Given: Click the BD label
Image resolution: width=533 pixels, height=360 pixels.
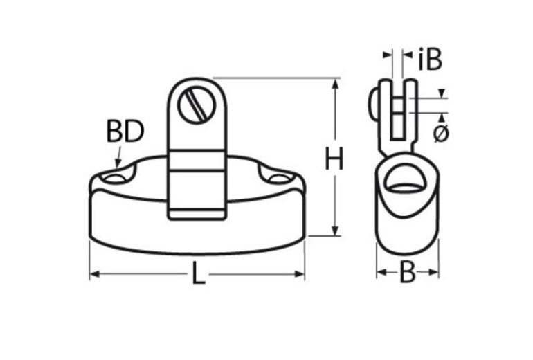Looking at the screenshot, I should click(125, 132).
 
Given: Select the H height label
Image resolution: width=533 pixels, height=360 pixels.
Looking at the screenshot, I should click(334, 160).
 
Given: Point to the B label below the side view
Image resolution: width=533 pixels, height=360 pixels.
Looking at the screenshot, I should click(408, 273).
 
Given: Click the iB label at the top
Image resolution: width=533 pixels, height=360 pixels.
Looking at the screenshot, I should click(430, 60).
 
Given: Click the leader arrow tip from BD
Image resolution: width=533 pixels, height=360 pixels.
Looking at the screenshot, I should click(117, 166).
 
